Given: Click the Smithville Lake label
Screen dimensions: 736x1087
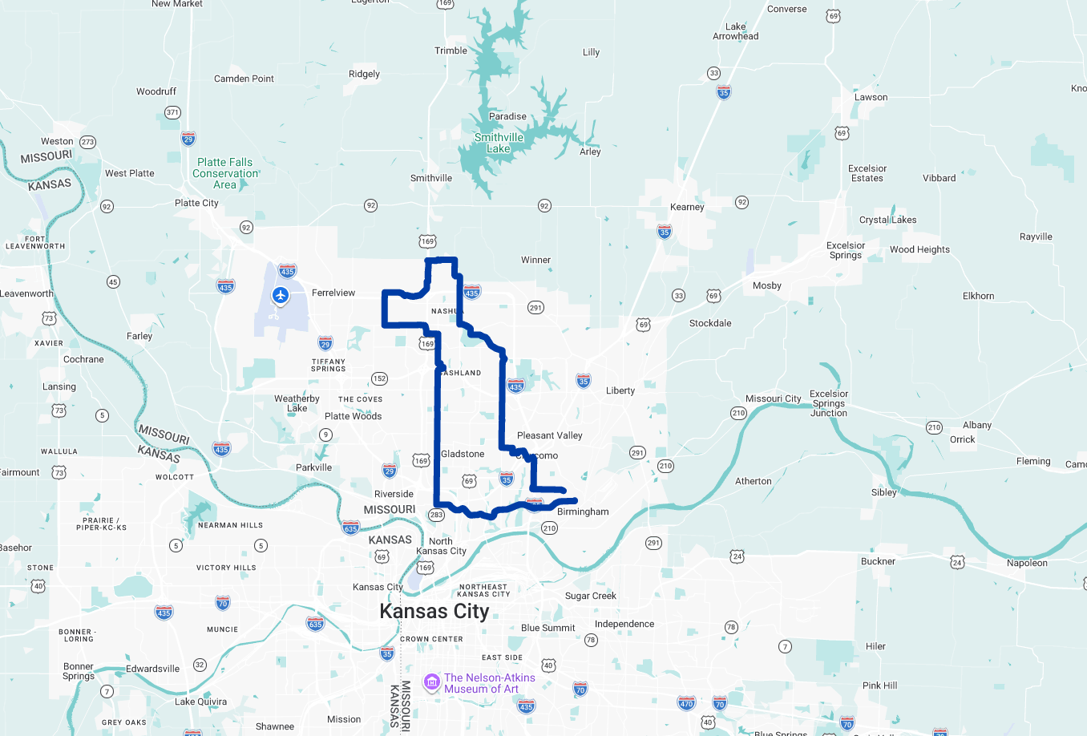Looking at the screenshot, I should (x=499, y=143).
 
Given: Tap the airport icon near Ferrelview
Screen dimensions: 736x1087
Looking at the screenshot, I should (x=281, y=296).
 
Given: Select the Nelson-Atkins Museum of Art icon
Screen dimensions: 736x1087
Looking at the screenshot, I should (x=432, y=682).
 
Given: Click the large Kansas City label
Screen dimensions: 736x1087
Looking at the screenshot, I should (x=434, y=611).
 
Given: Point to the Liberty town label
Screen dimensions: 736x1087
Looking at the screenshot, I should (x=620, y=390).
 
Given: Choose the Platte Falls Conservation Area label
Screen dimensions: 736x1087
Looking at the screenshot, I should (x=225, y=173).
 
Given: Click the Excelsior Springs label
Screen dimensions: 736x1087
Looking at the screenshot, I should (x=846, y=250).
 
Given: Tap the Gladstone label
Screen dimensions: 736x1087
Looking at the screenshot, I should (x=463, y=454).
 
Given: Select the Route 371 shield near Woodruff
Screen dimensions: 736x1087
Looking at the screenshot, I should (x=172, y=112).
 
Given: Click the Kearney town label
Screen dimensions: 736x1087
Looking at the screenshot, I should (x=687, y=207).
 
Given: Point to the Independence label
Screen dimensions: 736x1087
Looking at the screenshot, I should (x=624, y=624).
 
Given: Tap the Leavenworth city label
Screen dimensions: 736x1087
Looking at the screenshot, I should (x=26, y=293).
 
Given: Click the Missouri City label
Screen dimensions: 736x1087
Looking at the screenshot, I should (x=773, y=398).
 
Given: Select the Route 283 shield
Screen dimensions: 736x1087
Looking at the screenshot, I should (x=436, y=515).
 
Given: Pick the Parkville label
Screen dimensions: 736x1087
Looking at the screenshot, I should (x=313, y=467).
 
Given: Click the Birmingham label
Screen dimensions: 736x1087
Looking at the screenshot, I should (x=583, y=512).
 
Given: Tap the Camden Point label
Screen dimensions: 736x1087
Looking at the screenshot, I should (x=244, y=79).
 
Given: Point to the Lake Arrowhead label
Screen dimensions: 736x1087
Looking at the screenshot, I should (x=735, y=31).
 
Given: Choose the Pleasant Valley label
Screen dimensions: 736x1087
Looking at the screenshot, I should (x=549, y=435).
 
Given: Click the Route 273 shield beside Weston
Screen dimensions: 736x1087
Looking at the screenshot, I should (x=87, y=142).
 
